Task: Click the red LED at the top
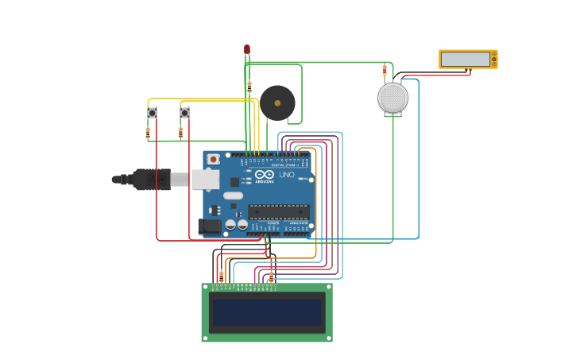(247, 49)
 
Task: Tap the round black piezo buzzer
(277, 103)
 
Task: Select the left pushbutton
(152, 113)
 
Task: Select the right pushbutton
(184, 113)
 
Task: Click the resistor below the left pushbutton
(148, 133)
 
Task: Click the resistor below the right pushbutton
(180, 133)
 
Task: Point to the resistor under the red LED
(249, 87)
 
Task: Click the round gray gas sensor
(392, 98)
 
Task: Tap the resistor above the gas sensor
(385, 70)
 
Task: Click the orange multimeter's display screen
(466, 60)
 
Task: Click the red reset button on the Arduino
(213, 159)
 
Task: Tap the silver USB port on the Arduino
(204, 180)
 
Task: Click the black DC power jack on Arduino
(210, 226)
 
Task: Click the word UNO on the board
(286, 175)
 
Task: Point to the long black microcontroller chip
(278, 211)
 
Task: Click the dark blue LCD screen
(267, 312)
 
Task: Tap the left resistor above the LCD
(222, 276)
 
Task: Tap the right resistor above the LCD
(271, 276)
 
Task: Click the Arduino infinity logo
(265, 174)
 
